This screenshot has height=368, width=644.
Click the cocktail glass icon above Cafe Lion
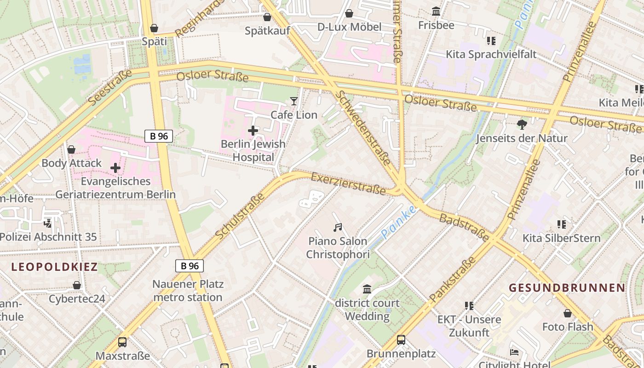click(294, 101)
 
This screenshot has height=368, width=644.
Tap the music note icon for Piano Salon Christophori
click(338, 227)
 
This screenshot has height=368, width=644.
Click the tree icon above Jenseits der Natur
click(522, 124)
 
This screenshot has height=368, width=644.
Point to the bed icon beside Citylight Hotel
click(514, 352)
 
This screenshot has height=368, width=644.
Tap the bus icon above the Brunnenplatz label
click(401, 340)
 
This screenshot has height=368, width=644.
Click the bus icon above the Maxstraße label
click(122, 342)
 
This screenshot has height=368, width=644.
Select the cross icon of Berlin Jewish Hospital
click(253, 131)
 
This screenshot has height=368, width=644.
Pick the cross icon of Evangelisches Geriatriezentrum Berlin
click(115, 168)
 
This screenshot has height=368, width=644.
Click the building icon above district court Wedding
click(367, 289)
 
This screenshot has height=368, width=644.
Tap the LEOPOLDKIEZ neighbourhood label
click(54, 267)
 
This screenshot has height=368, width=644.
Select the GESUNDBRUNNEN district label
click(567, 288)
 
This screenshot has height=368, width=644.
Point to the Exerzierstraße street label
click(348, 184)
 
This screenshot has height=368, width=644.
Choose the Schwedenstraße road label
click(363, 127)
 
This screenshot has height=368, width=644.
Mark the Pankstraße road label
click(452, 279)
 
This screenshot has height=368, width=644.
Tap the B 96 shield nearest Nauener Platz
click(189, 266)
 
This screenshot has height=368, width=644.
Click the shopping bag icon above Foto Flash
click(568, 313)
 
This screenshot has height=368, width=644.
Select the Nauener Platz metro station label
click(188, 291)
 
